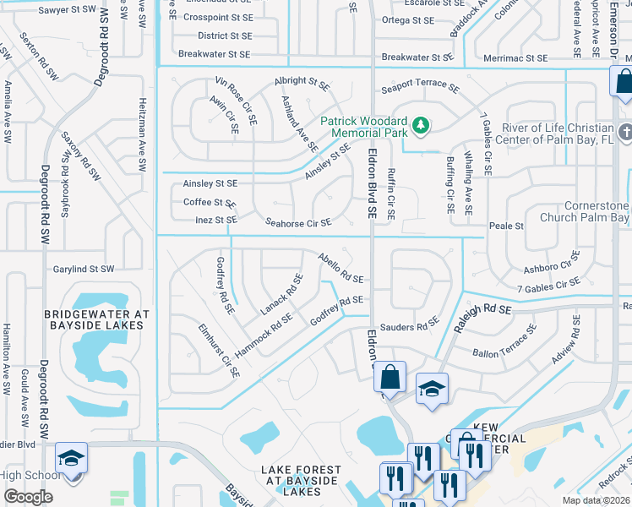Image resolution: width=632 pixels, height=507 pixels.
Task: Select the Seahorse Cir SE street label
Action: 298,223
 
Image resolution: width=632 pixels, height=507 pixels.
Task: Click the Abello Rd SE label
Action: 341,268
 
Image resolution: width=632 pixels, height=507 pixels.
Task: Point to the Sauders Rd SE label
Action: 409,325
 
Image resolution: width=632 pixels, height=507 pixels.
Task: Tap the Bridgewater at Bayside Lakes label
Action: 96,319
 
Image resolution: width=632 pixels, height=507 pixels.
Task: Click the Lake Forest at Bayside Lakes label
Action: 302,481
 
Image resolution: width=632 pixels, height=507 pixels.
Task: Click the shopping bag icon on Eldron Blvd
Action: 390,376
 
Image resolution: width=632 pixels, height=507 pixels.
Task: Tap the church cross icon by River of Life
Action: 624,133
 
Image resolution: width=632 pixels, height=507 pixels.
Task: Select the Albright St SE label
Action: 301,83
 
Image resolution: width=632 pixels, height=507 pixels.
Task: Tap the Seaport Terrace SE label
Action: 420,88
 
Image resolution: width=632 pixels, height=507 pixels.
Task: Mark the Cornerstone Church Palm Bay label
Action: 591,212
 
